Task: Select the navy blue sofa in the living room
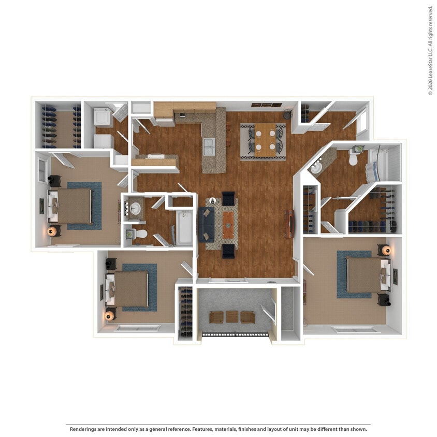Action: coord(206,225)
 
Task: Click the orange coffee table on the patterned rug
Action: coord(228,224)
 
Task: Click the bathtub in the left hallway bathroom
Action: coord(184,227)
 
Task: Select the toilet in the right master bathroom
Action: coord(354,158)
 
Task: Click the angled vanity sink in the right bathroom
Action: coord(317,167)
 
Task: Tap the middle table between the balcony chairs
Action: coord(232,316)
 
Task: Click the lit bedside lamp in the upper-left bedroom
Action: coord(52,231)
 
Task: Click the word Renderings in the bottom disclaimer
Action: coord(84,429)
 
